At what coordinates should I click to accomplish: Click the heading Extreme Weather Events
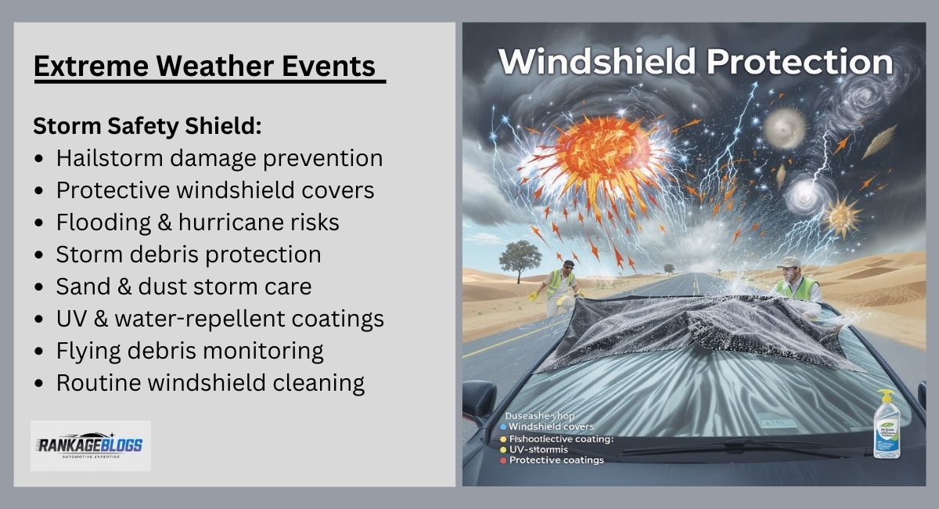[205, 67]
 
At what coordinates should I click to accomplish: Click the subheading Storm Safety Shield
[147, 126]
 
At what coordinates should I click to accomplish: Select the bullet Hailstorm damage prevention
[219, 158]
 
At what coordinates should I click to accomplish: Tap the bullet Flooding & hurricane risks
[197, 222]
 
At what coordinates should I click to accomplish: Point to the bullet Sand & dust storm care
[183, 287]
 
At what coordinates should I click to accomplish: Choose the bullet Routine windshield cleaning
[210, 383]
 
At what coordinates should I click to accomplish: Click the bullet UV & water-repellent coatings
[219, 319]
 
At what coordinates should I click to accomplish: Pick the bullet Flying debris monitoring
[189, 351]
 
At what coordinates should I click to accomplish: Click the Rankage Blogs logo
[90, 446]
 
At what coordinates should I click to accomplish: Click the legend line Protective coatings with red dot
[556, 460]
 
